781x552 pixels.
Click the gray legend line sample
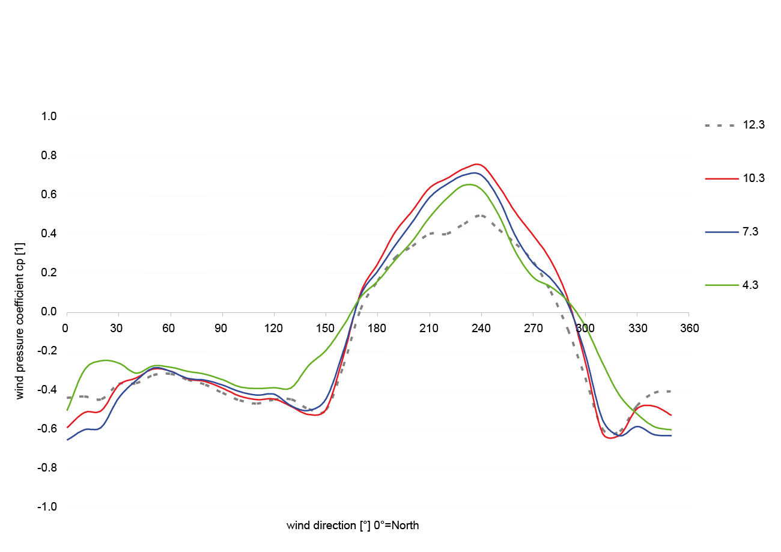click(725, 126)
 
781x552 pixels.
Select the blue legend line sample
click(725, 231)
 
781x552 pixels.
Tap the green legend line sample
click(725, 285)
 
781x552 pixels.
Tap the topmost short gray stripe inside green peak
click(485, 216)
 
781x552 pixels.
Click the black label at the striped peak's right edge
click(580, 328)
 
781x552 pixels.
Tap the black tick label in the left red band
click(46, 194)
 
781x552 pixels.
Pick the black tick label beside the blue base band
click(46, 428)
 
